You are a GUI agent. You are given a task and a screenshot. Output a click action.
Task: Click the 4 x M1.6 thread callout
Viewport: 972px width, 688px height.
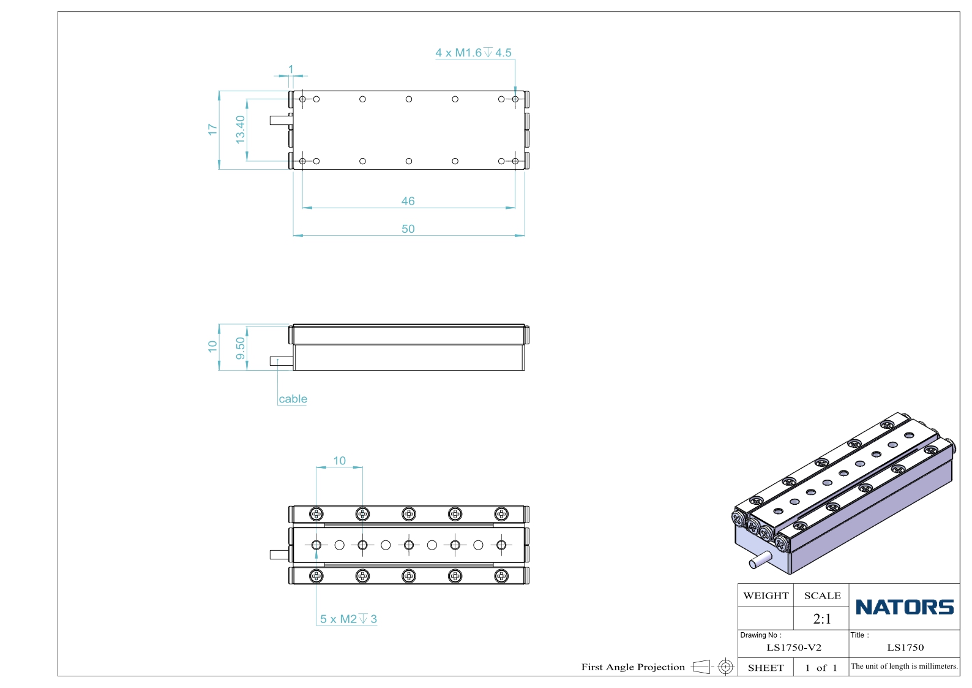[x=473, y=53]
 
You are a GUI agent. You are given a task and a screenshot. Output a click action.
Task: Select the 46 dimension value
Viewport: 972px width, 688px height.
[x=408, y=201]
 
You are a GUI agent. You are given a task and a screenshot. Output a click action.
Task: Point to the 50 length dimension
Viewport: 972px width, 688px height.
[x=408, y=229]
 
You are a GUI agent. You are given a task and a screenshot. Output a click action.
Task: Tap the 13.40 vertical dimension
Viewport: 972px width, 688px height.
[x=240, y=129]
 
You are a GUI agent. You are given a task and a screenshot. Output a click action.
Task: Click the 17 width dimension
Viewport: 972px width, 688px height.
[x=212, y=129]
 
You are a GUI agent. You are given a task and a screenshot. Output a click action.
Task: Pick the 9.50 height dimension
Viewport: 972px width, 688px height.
[x=240, y=349]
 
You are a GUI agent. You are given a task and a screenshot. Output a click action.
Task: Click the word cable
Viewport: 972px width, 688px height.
[x=293, y=399]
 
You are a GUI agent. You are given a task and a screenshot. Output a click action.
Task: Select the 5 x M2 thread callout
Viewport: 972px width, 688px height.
[x=348, y=619]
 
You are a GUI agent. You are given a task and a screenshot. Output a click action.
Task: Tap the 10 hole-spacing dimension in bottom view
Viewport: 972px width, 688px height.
[x=339, y=461]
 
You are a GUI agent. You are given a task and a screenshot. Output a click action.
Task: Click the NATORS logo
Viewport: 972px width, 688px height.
[x=905, y=607]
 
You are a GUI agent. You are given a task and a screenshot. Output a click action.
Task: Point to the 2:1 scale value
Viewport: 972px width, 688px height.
[x=822, y=619]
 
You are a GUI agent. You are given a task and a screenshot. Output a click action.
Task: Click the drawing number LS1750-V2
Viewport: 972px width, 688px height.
[x=794, y=648]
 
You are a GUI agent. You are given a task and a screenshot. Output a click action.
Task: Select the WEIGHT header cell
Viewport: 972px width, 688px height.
[x=766, y=595]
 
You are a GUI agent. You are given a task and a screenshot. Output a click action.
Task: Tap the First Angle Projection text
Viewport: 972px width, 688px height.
[x=633, y=667]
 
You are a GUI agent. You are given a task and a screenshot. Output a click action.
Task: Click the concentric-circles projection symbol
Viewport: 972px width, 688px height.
[x=725, y=667]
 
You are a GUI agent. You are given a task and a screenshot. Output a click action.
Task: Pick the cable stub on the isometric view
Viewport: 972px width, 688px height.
[x=760, y=559]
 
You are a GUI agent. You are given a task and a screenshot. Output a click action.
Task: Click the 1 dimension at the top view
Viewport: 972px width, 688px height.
[x=291, y=69]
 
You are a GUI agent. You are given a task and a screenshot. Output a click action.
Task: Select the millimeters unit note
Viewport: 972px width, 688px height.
[x=904, y=667]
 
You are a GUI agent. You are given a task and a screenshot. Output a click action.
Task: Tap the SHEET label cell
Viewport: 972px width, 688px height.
[x=766, y=668]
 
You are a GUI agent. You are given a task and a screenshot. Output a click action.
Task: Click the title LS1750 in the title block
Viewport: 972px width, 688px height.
[x=905, y=648]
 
